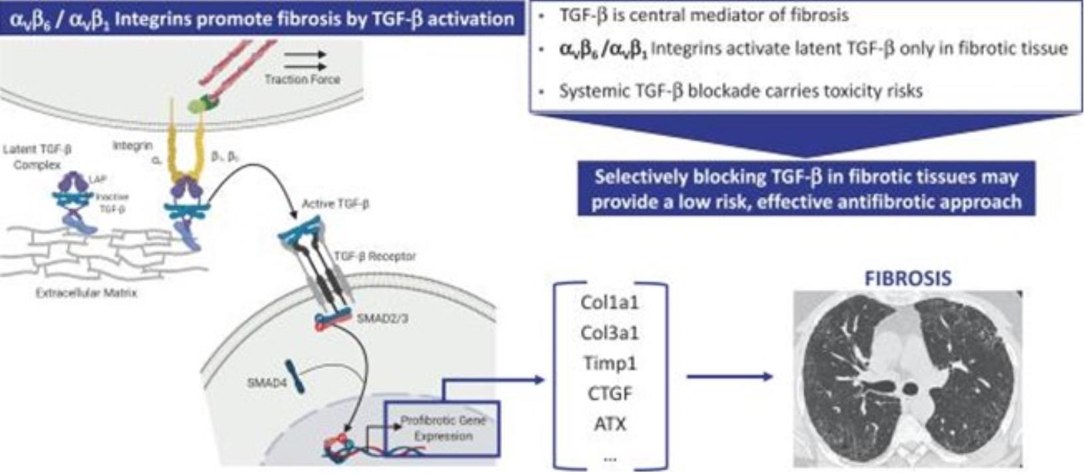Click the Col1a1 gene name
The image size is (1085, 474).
(x=609, y=303)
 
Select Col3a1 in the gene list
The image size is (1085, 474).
(x=609, y=333)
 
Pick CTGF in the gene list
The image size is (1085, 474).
(x=609, y=394)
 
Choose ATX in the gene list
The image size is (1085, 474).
(x=609, y=423)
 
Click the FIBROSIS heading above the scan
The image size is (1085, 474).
(x=907, y=278)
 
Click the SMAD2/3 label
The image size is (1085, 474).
(x=382, y=318)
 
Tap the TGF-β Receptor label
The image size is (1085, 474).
(x=375, y=256)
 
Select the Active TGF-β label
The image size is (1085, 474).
(x=335, y=204)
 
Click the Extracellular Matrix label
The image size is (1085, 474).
(x=86, y=293)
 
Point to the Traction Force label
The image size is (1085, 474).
(x=302, y=80)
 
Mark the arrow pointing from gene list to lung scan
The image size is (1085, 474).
(x=729, y=377)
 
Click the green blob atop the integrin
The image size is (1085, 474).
(x=197, y=103)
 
